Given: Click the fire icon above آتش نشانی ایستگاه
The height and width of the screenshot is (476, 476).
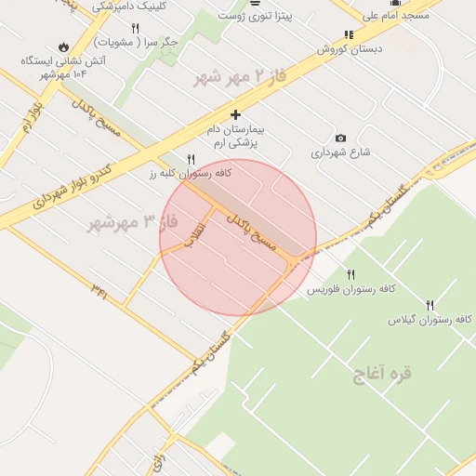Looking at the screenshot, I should (x=62, y=46).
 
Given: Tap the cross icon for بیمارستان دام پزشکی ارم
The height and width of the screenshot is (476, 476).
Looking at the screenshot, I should (x=235, y=114).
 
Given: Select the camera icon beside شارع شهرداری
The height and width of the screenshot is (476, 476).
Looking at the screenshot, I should (x=340, y=139).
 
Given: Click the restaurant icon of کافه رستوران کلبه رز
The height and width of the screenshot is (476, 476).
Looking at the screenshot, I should (x=192, y=160).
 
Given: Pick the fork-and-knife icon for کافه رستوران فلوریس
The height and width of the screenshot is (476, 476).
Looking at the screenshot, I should (x=350, y=274).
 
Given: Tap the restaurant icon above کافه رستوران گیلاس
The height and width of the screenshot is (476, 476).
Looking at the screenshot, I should (x=430, y=304).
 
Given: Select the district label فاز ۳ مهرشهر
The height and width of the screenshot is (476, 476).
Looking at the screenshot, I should (x=130, y=223).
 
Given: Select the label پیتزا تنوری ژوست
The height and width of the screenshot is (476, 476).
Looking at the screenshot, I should (x=255, y=15).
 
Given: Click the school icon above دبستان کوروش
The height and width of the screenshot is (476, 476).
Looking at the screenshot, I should (x=349, y=35).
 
